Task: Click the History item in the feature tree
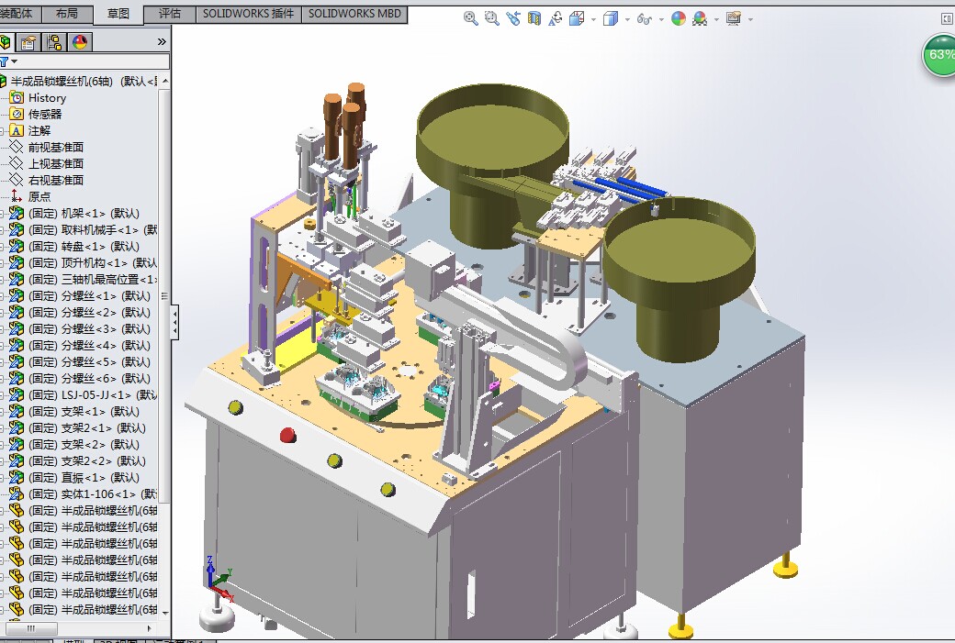point(47,98)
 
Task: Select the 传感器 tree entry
point(44,115)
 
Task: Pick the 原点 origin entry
point(39,197)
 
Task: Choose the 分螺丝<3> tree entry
point(89,329)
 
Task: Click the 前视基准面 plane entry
point(55,148)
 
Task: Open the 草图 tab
point(118,14)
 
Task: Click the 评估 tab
point(170,14)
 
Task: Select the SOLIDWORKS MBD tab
point(354,14)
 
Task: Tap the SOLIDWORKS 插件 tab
point(248,14)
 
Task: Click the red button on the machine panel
point(287,435)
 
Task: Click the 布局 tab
point(67,14)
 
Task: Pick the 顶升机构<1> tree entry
point(93,263)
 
